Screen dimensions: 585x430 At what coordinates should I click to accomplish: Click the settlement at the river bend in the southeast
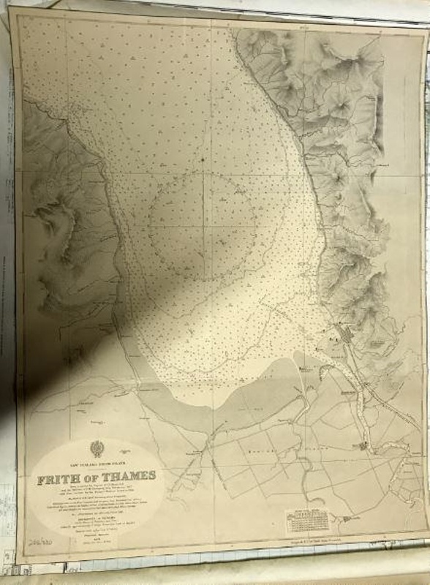tap(366, 445)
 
